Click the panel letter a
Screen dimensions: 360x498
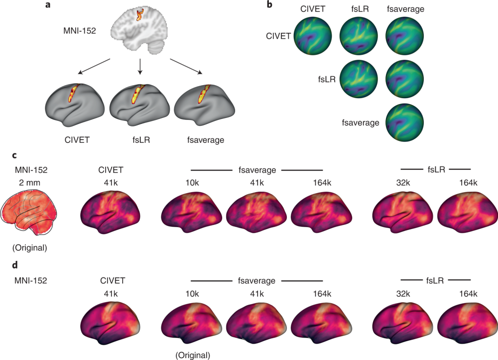[48, 6]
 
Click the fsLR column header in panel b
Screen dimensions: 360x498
[358, 9]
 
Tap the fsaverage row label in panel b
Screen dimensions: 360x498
[360, 123]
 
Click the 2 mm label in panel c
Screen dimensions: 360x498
[29, 183]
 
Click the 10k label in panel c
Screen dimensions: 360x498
[192, 183]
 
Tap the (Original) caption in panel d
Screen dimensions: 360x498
[192, 355]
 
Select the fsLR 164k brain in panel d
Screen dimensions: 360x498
[468, 321]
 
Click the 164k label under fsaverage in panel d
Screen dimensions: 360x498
[321, 294]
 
